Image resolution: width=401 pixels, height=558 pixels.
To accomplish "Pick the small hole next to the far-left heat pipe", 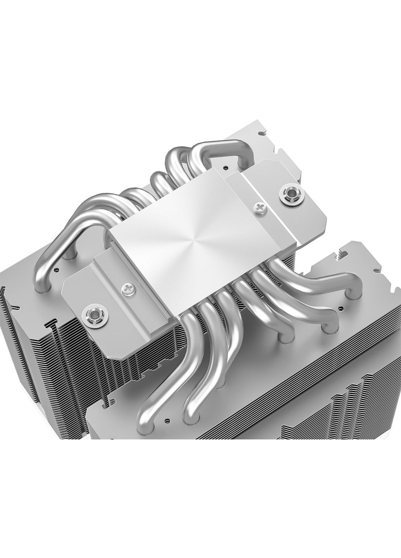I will [57, 268].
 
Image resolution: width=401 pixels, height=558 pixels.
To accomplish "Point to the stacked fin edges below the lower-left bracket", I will [116, 372].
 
